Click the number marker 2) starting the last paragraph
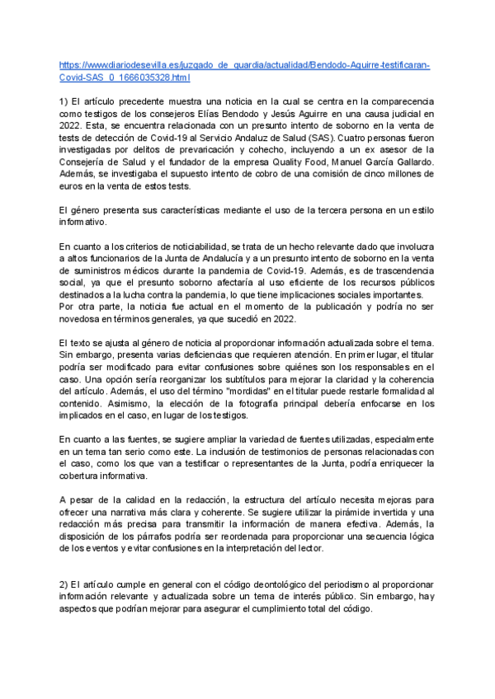tap(65, 584)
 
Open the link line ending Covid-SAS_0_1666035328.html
tap(125, 78)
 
